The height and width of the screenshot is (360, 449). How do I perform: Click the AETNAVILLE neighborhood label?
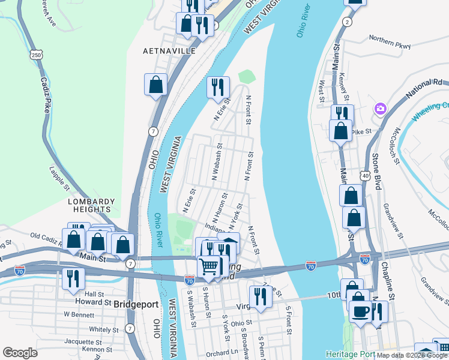[169, 52]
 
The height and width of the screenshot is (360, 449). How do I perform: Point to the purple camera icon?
[380, 109]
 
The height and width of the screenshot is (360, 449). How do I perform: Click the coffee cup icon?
[361, 313]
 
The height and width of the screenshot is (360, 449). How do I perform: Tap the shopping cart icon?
[209, 266]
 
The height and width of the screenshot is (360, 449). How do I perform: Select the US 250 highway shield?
[37, 55]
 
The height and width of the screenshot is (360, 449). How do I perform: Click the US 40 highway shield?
[365, 175]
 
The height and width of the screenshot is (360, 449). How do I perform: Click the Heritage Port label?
[349, 353]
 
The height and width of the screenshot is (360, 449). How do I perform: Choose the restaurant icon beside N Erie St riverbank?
[218, 87]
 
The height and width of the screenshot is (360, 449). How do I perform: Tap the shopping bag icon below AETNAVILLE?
[155, 85]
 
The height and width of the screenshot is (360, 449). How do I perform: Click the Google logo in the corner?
[20, 353]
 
